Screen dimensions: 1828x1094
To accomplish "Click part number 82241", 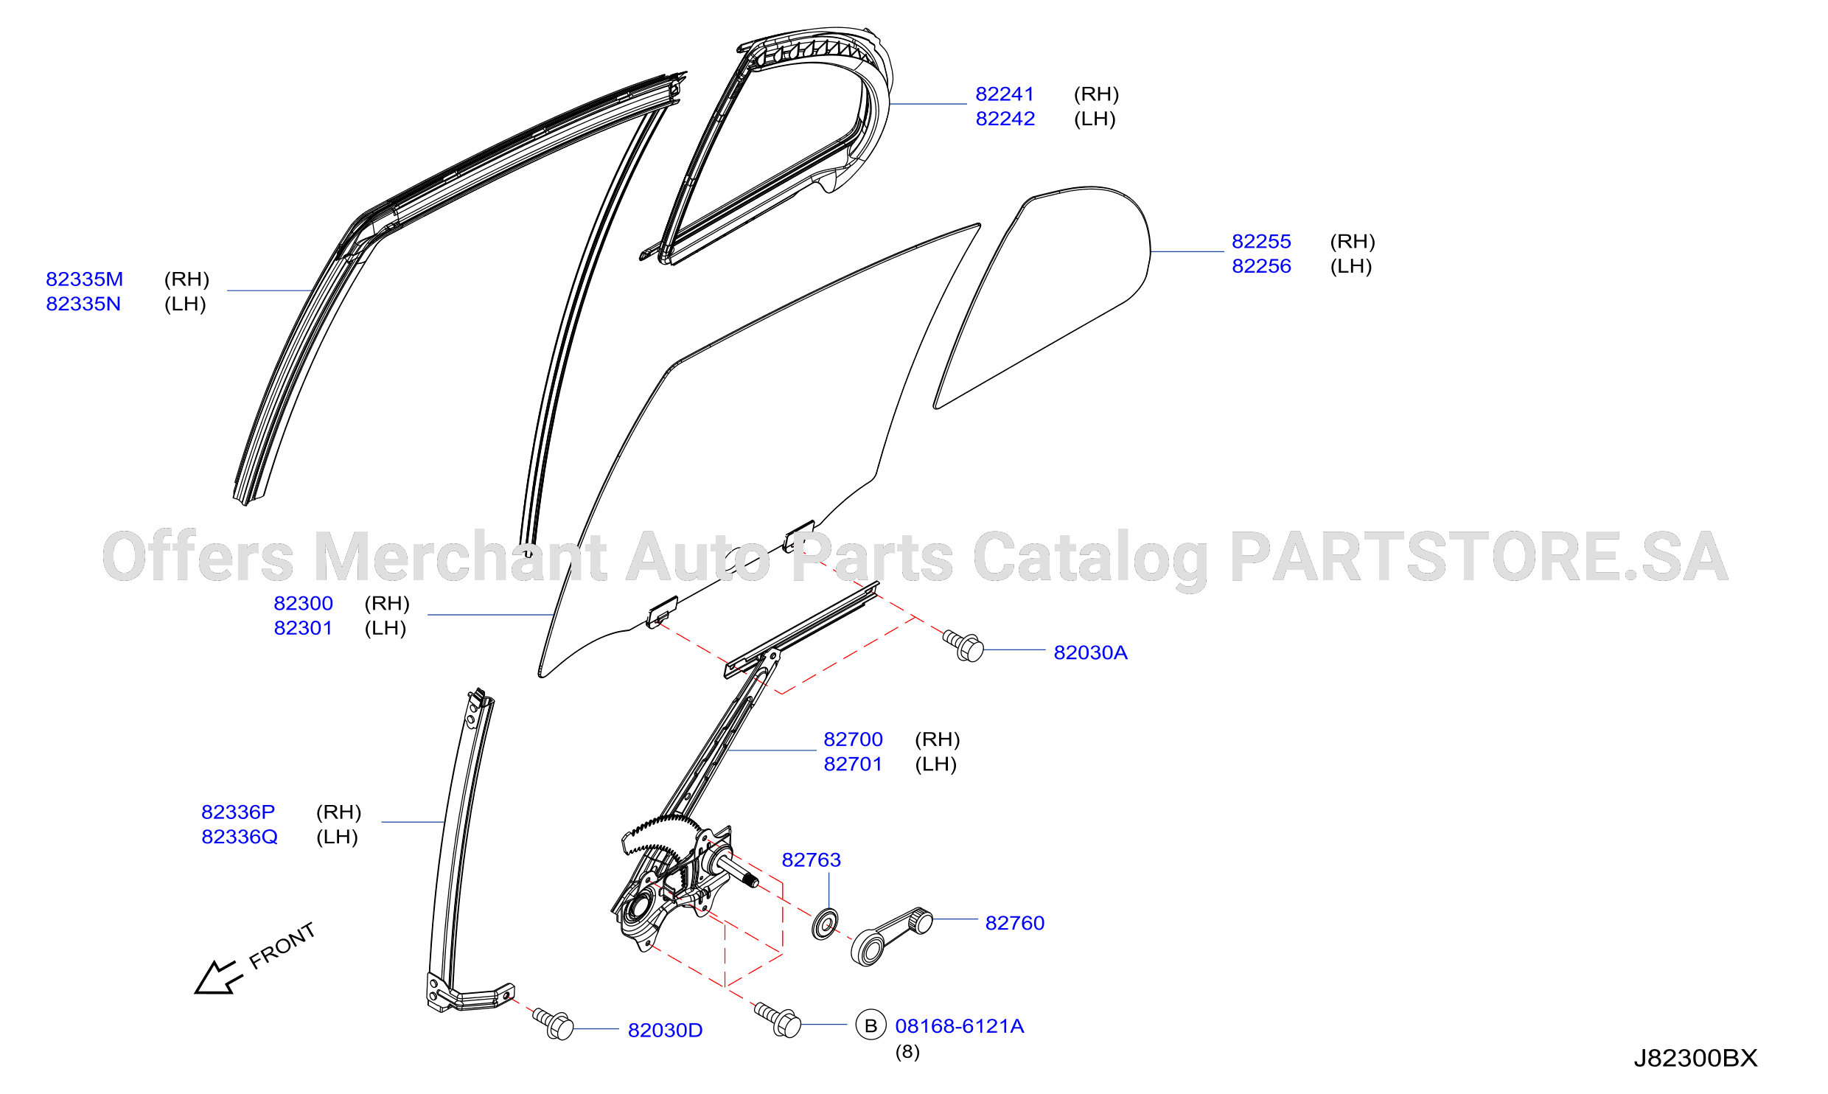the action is [1005, 94].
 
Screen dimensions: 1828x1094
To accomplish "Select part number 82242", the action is [1005, 119].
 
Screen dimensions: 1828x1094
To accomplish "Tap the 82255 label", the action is [1261, 242].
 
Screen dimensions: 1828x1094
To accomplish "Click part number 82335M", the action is [84, 279].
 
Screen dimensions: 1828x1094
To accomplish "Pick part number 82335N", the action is [83, 304].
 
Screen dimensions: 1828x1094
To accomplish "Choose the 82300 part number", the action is [303, 604].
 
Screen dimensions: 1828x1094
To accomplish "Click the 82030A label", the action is [1090, 652].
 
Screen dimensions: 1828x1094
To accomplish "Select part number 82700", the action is [853, 739].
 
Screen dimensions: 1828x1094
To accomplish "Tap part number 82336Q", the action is [240, 837].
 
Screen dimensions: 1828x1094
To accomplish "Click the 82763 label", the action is [811, 860].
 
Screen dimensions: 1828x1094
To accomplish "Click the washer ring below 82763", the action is [825, 924].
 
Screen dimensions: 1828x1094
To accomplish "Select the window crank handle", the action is [891, 936].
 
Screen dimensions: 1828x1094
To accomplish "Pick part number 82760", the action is [1015, 923].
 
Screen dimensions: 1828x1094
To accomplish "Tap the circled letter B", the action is [871, 1025].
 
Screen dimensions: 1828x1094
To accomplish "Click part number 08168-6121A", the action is [960, 1026].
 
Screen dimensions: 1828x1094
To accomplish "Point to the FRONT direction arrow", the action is [219, 978].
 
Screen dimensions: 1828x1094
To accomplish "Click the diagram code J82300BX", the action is [1695, 1059].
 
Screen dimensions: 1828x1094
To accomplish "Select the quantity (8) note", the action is [907, 1052].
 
